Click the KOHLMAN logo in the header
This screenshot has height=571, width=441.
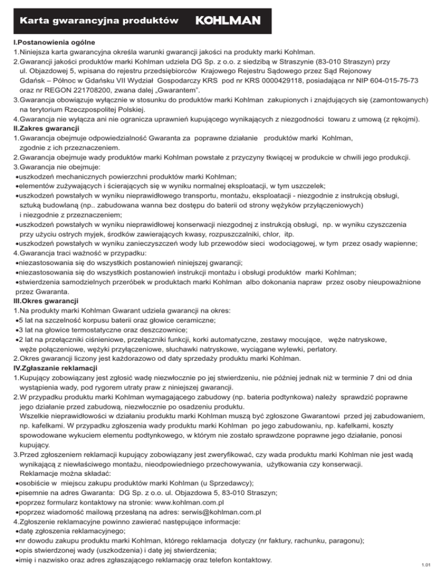tap(229, 21)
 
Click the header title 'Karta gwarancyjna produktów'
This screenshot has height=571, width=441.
tap(97, 21)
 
